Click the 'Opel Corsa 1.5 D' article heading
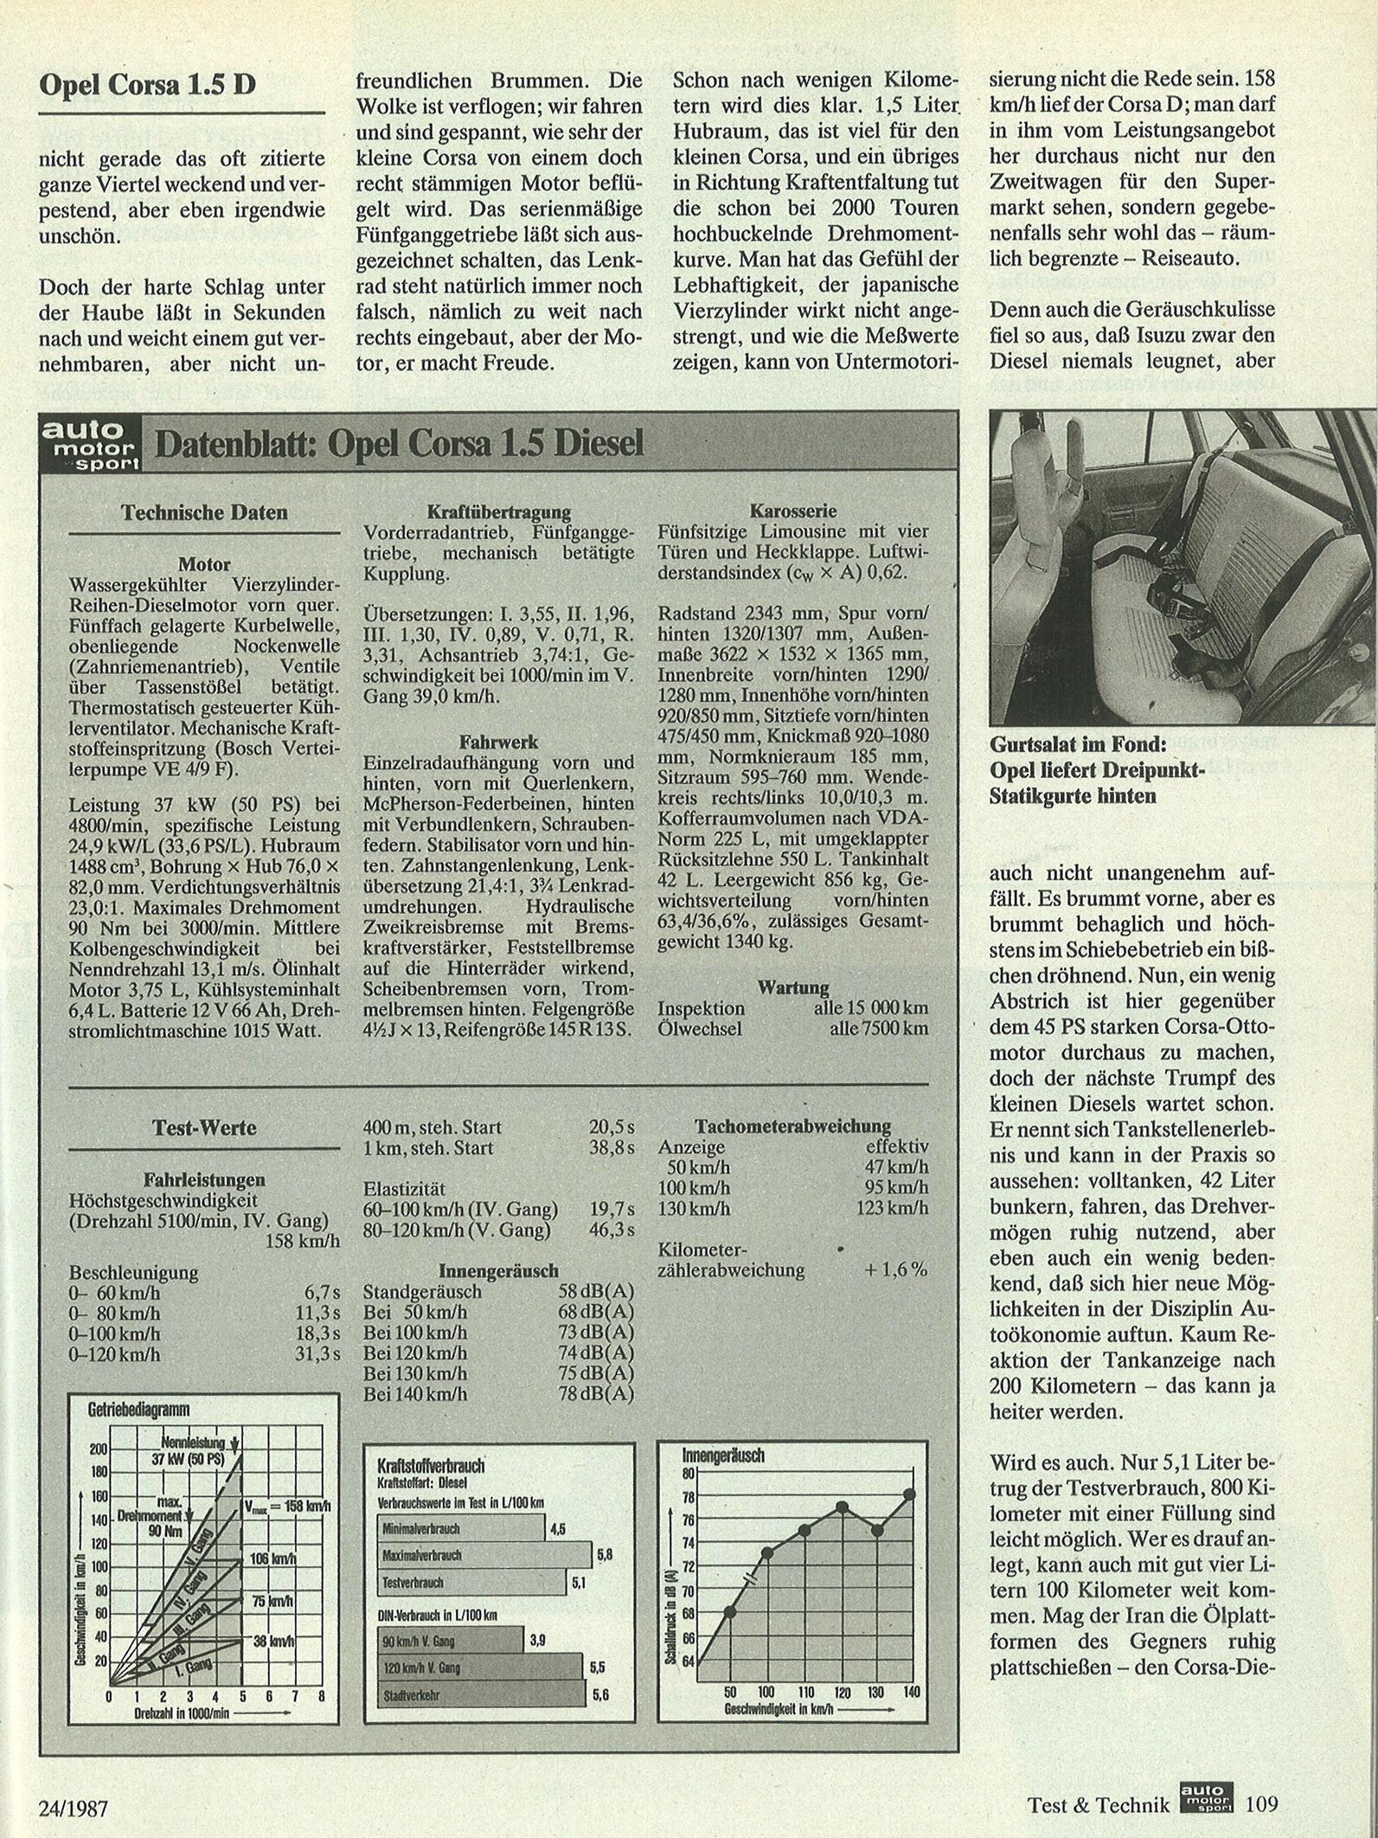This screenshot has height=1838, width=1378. (x=148, y=85)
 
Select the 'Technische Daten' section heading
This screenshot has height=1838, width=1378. (x=204, y=512)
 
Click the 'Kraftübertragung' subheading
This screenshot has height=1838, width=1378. (x=499, y=512)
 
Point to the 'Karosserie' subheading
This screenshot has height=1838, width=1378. (x=793, y=511)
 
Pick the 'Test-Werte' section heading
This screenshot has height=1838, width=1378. (x=204, y=1128)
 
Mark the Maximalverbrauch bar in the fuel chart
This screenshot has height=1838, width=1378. (x=484, y=1555)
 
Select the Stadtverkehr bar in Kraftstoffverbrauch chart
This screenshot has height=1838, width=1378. (x=481, y=1695)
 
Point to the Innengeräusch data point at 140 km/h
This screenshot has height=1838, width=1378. (x=909, y=1494)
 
